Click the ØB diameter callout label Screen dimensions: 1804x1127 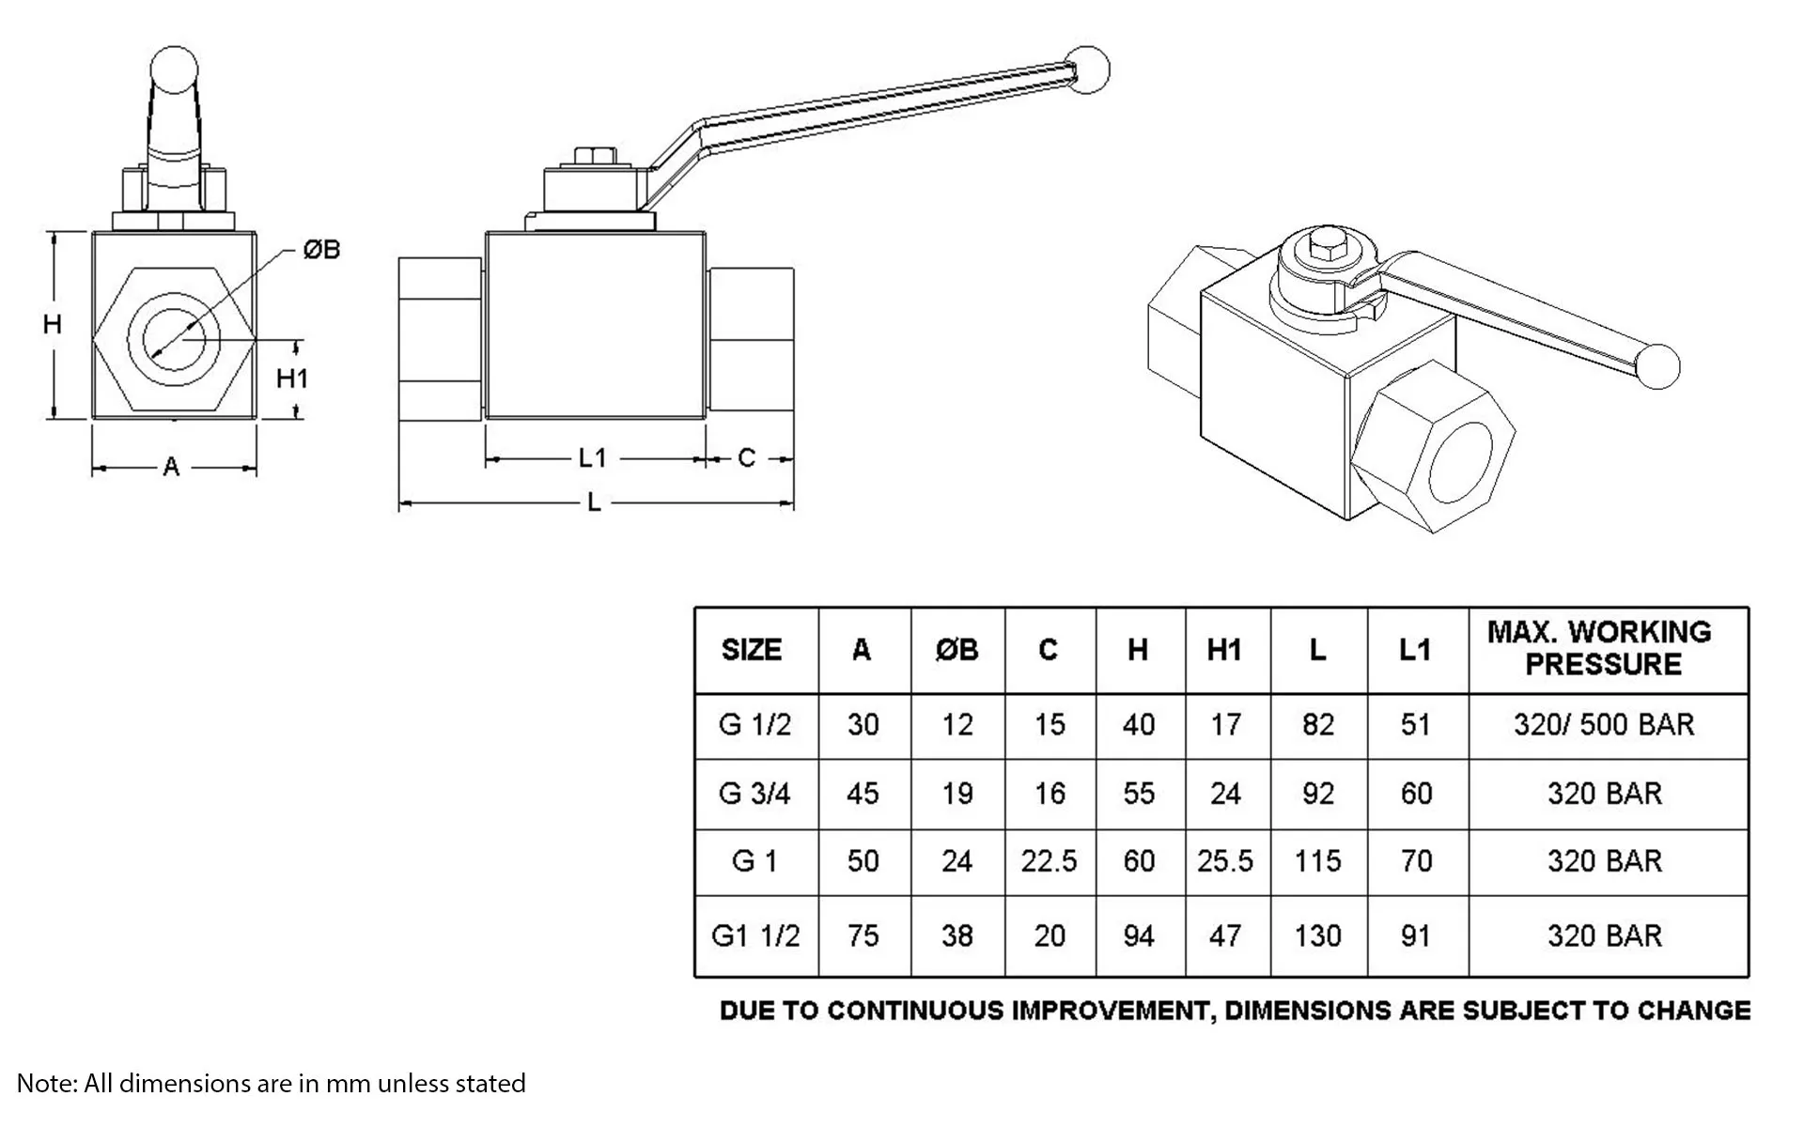pos(321,250)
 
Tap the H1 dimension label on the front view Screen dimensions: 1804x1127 pos(292,378)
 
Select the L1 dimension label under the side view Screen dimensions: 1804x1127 pos(592,458)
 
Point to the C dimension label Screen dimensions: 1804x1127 pos(747,458)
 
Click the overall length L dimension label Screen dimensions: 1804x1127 pos(594,503)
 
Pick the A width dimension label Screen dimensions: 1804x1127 pos(171,467)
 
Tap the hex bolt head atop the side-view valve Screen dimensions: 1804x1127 pos(594,156)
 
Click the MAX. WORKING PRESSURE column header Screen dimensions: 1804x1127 pos(1599,648)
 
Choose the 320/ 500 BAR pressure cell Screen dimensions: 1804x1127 pos(1604,725)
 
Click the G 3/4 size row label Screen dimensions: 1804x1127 pos(754,794)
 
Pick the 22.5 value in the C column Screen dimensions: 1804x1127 pos(1049,861)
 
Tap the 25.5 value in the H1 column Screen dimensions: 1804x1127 pos(1225,861)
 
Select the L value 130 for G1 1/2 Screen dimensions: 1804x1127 pos(1317,935)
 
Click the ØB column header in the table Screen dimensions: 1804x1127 pos(956,650)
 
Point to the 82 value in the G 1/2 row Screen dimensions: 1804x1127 pos(1318,725)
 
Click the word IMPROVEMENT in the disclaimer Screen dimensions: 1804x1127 pos(1108,1011)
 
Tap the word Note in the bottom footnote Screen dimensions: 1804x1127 pos(43,1083)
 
